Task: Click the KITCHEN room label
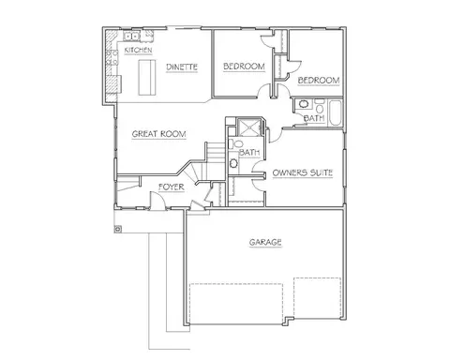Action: tap(138, 50)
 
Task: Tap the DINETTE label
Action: tap(182, 67)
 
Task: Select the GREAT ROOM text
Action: tap(159, 134)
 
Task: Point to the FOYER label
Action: tap(172, 187)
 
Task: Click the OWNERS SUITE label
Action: tap(303, 172)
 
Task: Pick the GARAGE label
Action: tap(265, 242)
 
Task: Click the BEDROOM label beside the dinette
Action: tap(244, 67)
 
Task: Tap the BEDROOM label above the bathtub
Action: tap(319, 81)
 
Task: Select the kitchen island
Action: tap(147, 77)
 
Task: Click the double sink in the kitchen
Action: tap(131, 37)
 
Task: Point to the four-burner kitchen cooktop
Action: tap(112, 57)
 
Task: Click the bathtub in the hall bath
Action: tap(336, 113)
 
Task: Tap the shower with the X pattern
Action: tap(248, 127)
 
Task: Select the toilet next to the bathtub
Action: tap(320, 106)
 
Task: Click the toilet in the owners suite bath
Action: tap(236, 144)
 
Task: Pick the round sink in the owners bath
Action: tap(233, 163)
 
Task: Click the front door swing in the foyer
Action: tap(157, 200)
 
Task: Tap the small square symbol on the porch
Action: tap(118, 229)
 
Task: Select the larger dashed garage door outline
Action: tap(236, 304)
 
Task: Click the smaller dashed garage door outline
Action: tap(317, 298)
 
